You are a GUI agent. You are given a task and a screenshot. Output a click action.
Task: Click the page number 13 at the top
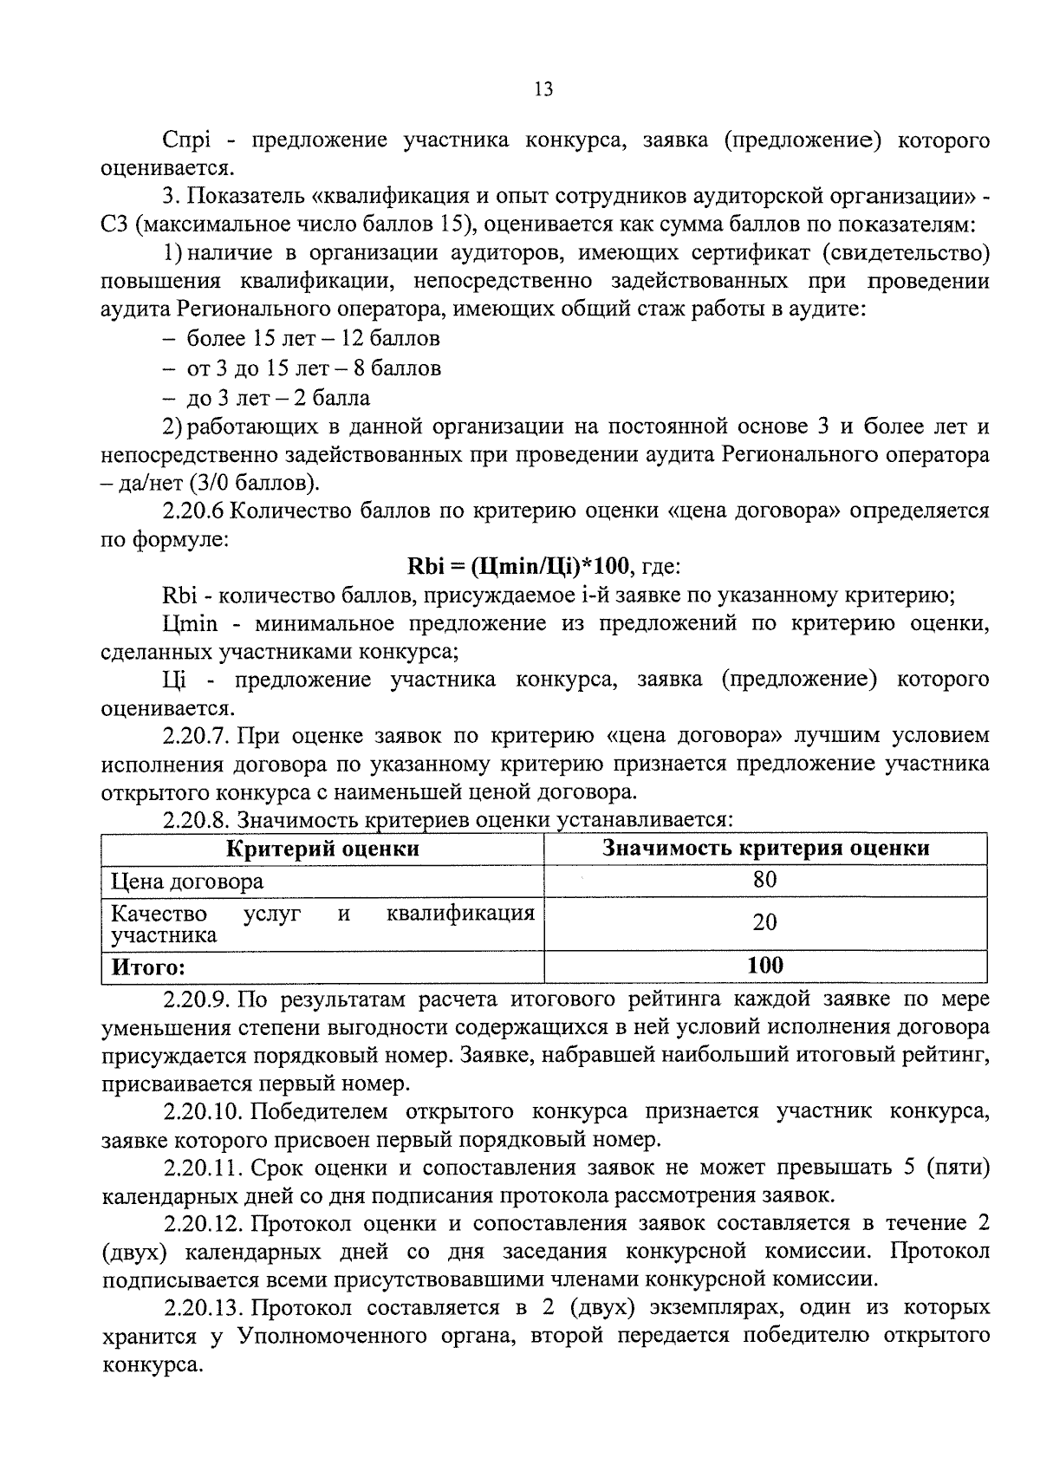coord(543,89)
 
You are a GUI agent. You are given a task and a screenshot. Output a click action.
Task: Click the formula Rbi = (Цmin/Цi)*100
coord(519,567)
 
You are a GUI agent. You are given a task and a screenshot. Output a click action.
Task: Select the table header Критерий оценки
coord(322,848)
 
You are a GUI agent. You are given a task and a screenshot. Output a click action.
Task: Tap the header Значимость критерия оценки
coord(765,848)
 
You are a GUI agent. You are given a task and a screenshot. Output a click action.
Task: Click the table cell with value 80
coord(764,880)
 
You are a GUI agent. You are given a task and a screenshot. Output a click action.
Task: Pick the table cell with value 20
coord(764,922)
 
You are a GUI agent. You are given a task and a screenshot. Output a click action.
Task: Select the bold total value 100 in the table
coord(764,965)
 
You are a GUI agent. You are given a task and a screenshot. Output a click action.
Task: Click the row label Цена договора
coord(187,882)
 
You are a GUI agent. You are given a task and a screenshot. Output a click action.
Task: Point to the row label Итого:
coord(148,967)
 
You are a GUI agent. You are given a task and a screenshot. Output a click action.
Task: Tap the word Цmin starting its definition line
coord(189,623)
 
